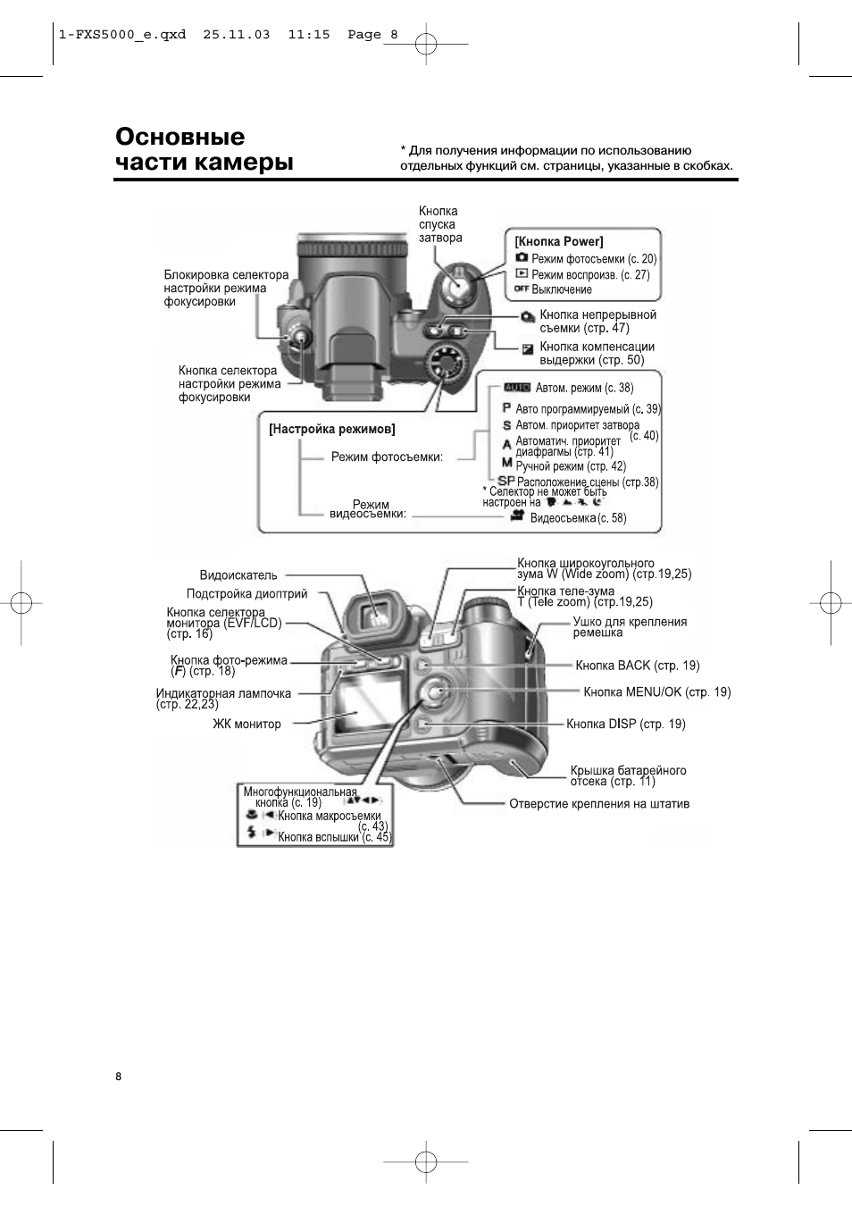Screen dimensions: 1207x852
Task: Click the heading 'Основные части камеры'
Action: pos(204,149)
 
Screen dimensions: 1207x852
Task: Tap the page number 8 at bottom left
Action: pos(118,1076)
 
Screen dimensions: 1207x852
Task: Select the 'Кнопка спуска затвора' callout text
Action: pos(439,224)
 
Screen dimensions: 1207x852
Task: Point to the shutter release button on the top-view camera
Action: pos(455,284)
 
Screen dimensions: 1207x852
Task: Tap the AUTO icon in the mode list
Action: pos(517,388)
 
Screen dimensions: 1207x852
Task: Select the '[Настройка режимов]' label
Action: pos(332,429)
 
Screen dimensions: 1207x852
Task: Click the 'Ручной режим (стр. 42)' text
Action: pos(570,466)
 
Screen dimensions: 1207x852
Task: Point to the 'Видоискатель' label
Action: pos(238,575)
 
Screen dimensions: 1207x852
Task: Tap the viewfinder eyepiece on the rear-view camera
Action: pos(377,613)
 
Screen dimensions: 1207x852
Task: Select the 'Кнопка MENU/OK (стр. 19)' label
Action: pos(656,692)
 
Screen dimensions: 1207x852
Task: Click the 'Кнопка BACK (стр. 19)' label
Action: pos(637,666)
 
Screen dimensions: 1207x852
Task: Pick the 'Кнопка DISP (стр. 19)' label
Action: pos(625,724)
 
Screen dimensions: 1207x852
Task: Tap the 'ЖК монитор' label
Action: pos(246,724)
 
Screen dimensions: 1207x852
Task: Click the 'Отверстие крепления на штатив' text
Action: pos(598,803)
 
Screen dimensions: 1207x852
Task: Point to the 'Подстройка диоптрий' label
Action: pos(246,593)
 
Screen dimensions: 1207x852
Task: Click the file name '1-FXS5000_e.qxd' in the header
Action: pos(121,34)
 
